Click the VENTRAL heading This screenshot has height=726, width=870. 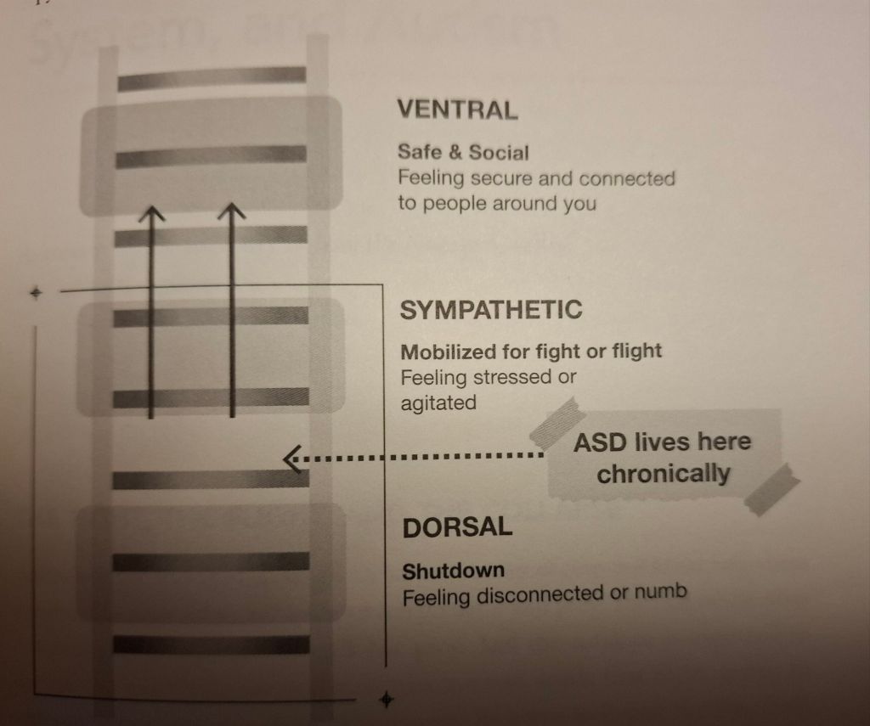click(x=457, y=110)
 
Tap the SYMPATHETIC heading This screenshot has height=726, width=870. click(x=491, y=310)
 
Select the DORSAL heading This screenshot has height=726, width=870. click(x=457, y=527)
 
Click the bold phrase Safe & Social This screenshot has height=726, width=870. click(x=463, y=153)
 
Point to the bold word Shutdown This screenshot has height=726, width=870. click(x=453, y=571)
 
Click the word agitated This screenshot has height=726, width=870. click(x=438, y=403)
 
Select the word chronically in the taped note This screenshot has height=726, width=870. click(x=663, y=473)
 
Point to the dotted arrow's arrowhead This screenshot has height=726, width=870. click(x=291, y=459)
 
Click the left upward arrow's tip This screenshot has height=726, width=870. click(x=150, y=209)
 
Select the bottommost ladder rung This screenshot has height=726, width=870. click(x=212, y=644)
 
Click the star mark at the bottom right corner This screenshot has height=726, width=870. click(x=387, y=700)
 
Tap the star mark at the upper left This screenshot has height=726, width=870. click(x=36, y=293)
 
